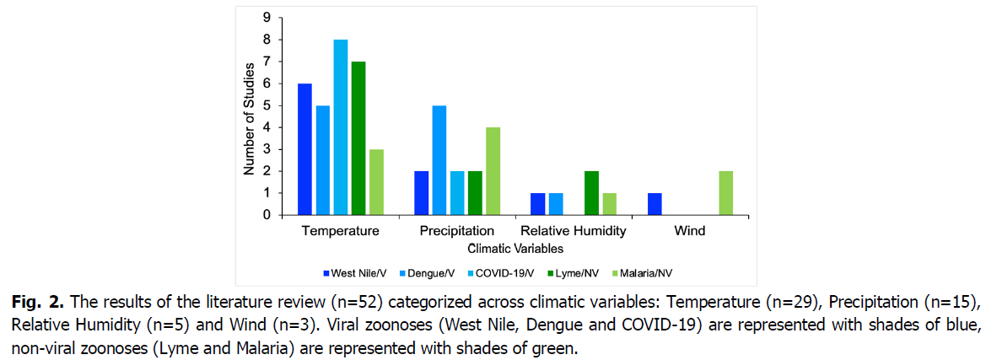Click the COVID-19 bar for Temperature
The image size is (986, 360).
[x=341, y=127]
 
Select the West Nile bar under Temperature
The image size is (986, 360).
[x=304, y=149]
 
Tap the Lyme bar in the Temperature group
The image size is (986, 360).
[x=358, y=138]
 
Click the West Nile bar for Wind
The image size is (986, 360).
[x=655, y=204]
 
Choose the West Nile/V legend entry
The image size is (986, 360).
[x=351, y=273]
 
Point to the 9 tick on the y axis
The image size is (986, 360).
[x=266, y=18]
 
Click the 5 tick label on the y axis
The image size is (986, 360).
[x=266, y=105]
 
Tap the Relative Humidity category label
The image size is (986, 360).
[x=574, y=230]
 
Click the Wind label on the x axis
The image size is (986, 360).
[x=690, y=230]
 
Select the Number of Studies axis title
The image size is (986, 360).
[x=249, y=116]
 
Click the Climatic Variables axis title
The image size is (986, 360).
[x=515, y=249]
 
